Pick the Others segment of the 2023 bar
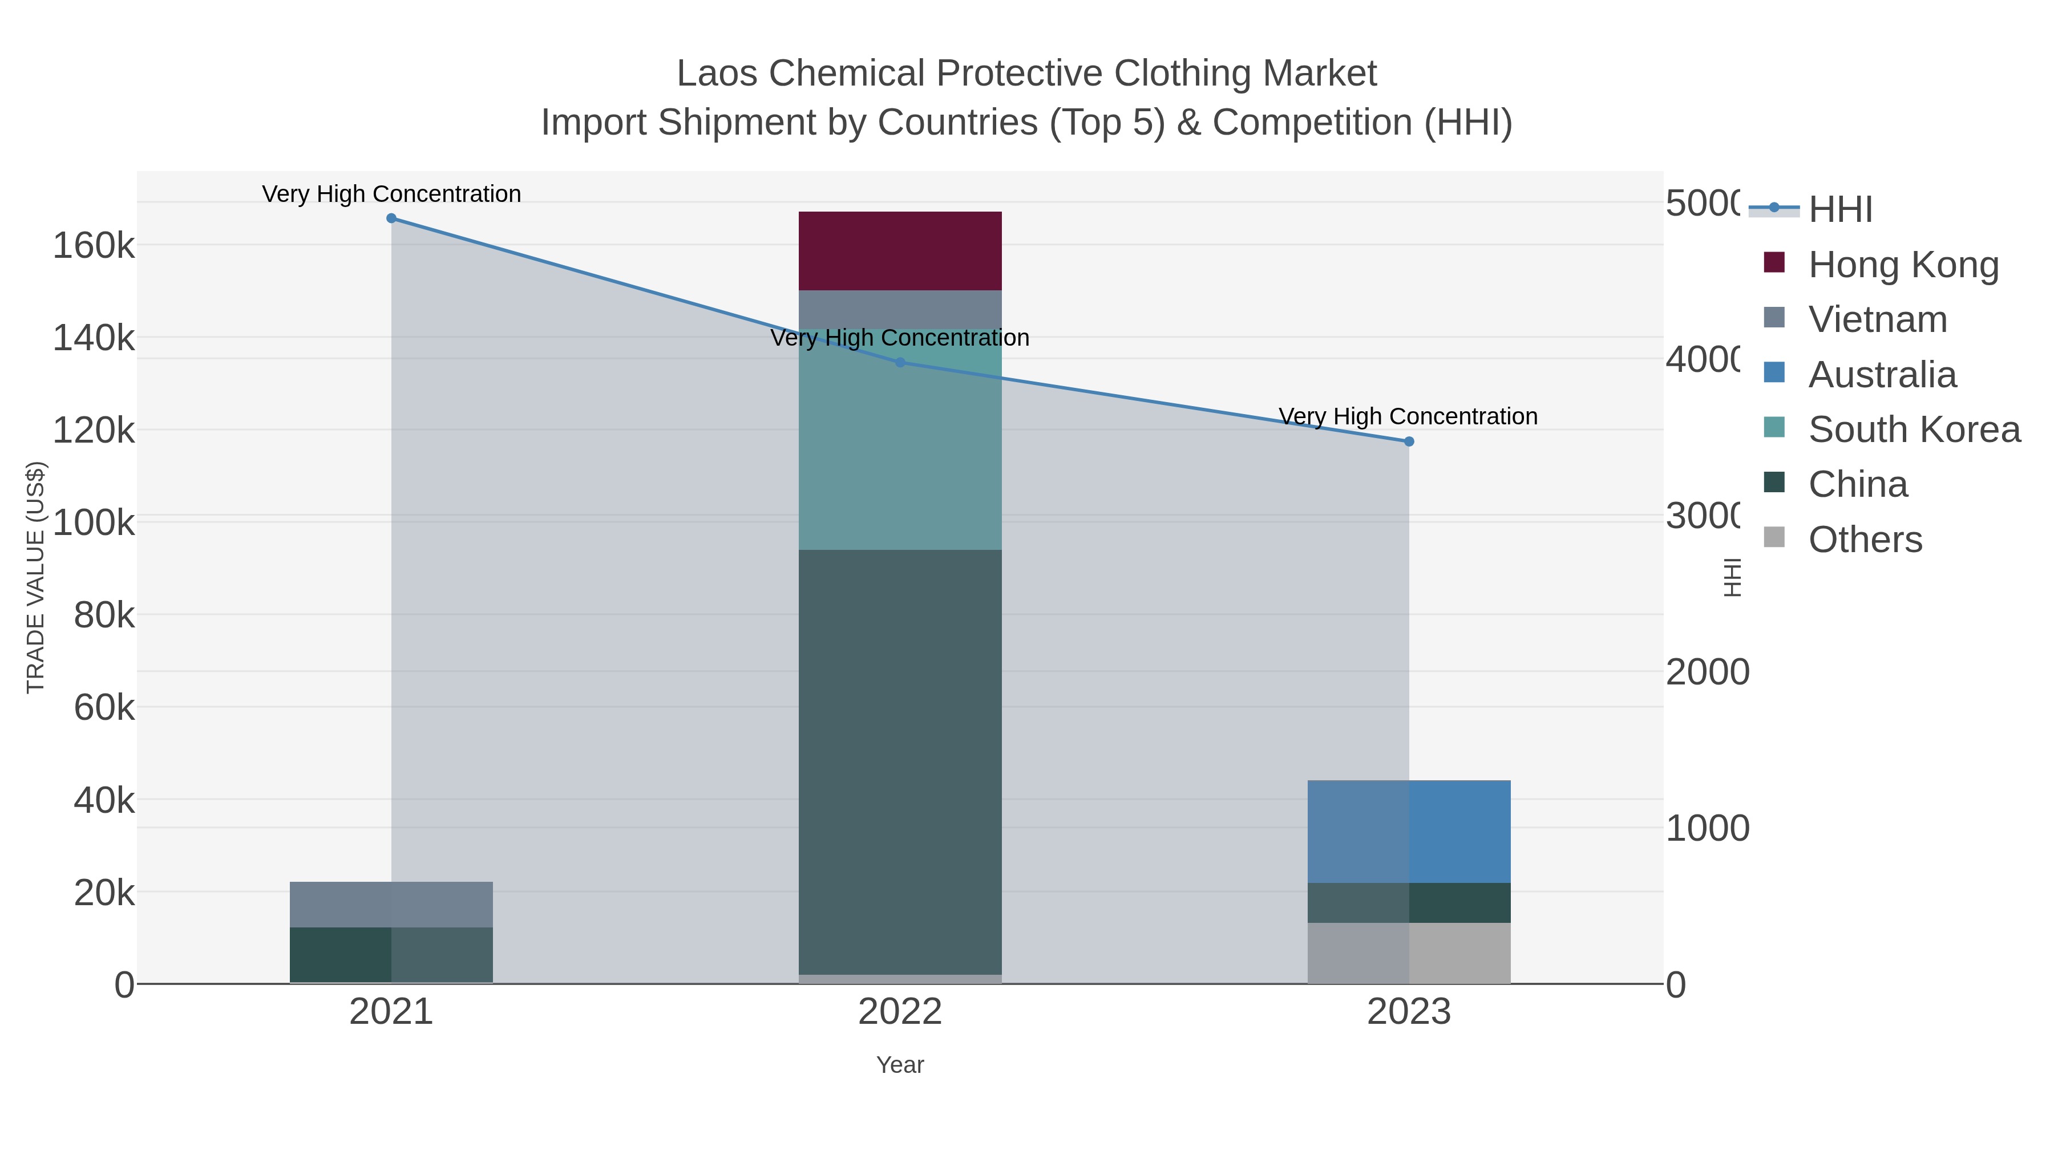[1408, 953]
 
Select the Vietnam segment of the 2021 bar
[391, 904]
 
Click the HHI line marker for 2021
[391, 218]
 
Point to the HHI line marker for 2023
[1408, 441]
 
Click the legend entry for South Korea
[1914, 429]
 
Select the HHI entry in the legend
[1839, 210]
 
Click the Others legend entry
[1865, 540]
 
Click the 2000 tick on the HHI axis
[1707, 672]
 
